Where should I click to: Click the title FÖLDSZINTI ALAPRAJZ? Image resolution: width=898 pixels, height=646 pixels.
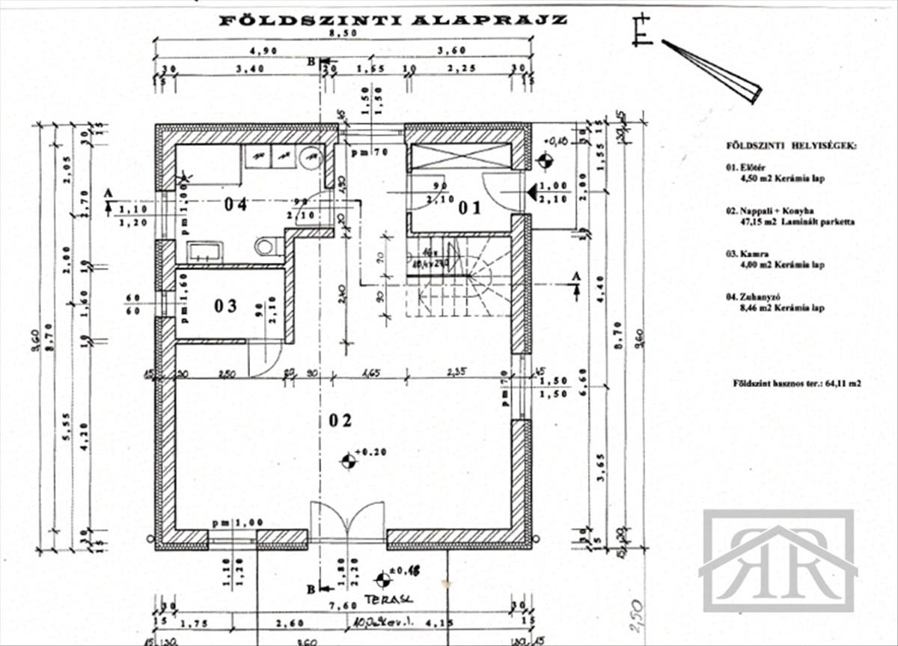pos(393,20)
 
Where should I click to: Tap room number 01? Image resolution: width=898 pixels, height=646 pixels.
pos(470,207)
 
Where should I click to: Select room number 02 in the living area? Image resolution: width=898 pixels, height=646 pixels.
pos(340,420)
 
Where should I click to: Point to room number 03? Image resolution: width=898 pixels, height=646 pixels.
pos(225,305)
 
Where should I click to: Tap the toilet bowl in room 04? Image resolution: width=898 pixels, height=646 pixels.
pos(266,246)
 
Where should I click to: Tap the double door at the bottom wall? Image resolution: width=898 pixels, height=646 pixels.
pos(347,521)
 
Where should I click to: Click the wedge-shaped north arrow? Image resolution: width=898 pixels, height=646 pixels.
pos(712,71)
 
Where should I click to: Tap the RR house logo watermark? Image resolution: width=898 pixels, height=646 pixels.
pos(778,561)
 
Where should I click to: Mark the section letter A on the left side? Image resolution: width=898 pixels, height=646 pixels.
pos(108,193)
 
